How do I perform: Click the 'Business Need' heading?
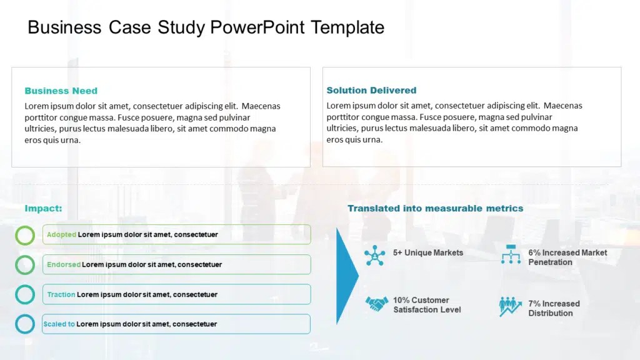point(61,91)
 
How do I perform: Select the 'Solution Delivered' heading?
point(371,90)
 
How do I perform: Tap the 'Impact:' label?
point(43,208)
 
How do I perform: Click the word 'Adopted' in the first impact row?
point(62,234)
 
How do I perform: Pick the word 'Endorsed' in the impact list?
point(64,264)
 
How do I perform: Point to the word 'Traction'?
point(61,294)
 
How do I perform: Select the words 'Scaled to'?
point(59,324)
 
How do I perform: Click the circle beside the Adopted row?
point(25,226)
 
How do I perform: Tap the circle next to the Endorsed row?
point(25,256)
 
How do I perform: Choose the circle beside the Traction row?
point(25,286)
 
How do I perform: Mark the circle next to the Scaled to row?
point(25,315)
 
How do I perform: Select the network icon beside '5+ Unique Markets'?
point(375,256)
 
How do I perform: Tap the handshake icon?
point(376,304)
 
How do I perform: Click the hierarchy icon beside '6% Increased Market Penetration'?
point(511,254)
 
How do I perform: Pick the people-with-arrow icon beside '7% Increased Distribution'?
point(510,306)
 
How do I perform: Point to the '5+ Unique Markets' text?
point(428,252)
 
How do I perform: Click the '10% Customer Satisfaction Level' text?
point(427,305)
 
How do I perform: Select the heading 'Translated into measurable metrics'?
point(436,208)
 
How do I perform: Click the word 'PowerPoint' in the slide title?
point(257,27)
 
